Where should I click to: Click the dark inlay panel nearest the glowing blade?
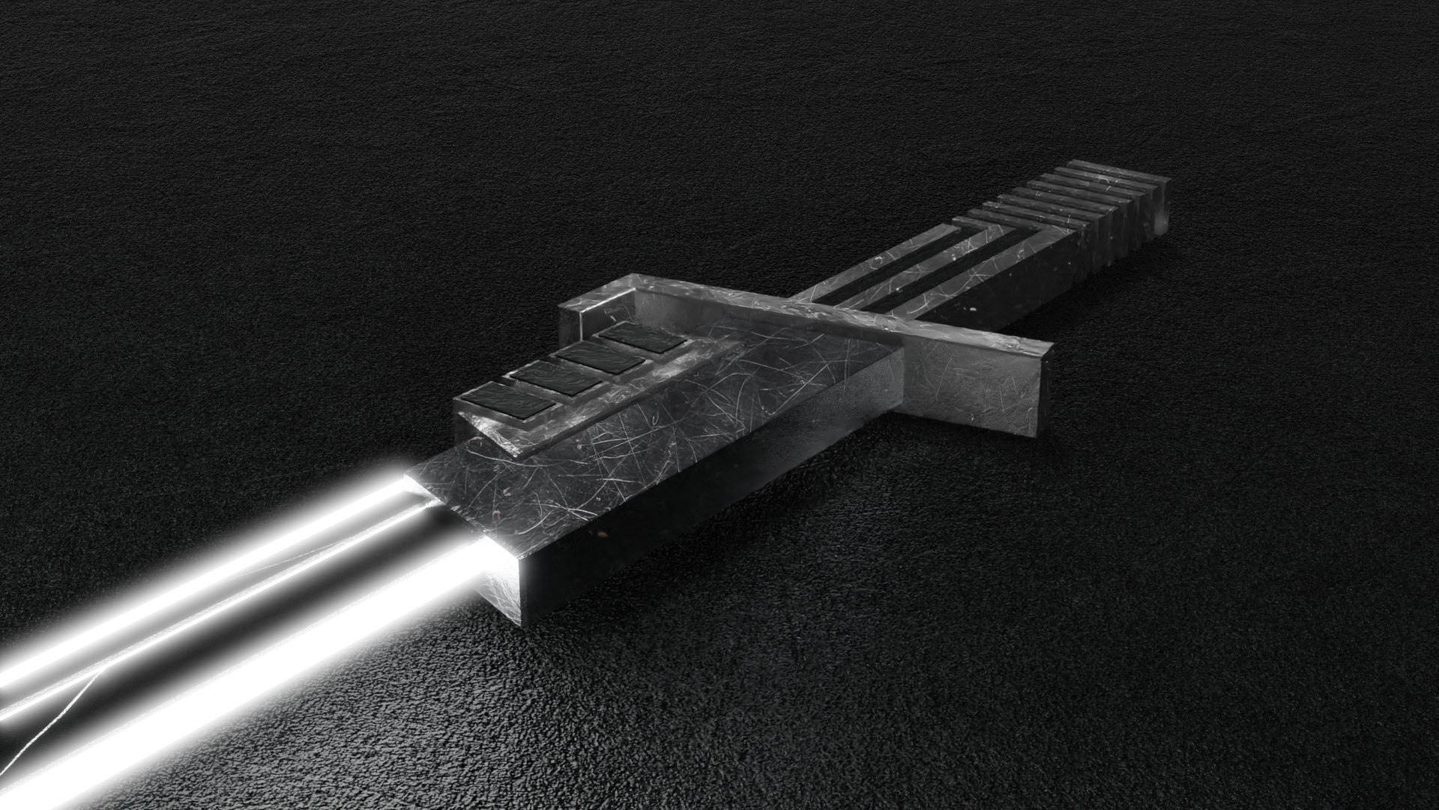(x=506, y=399)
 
